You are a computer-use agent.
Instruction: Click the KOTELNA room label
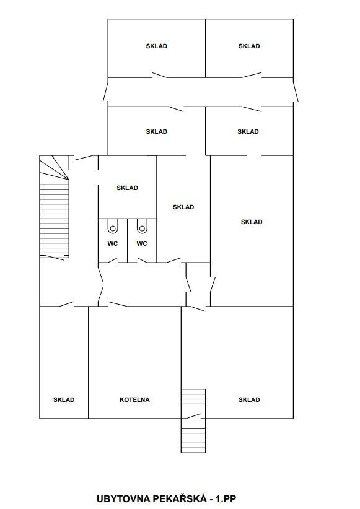(x=134, y=399)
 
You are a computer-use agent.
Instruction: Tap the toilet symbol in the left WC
(x=113, y=226)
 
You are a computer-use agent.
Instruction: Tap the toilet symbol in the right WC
(x=142, y=226)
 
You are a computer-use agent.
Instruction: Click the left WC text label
(x=113, y=243)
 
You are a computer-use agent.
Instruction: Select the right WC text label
(x=142, y=243)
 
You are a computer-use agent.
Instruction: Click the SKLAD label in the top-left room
(x=157, y=46)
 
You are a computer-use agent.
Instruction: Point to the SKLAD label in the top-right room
(x=249, y=46)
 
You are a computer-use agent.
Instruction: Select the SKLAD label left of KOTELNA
(x=64, y=399)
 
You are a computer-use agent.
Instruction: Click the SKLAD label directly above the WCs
(x=128, y=188)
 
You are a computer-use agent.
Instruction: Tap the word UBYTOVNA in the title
(x=123, y=498)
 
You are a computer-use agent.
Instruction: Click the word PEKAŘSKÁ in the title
(x=179, y=498)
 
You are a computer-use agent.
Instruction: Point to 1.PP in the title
(x=225, y=498)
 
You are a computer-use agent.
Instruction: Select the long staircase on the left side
(x=55, y=207)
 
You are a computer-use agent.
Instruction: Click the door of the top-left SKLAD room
(x=159, y=76)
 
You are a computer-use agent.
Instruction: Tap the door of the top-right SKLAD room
(x=252, y=75)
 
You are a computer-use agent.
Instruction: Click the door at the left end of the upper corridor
(x=105, y=92)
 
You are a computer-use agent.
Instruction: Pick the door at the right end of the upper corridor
(x=296, y=92)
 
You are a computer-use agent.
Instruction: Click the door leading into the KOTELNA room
(x=118, y=304)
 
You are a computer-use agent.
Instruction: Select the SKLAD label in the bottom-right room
(x=249, y=399)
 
